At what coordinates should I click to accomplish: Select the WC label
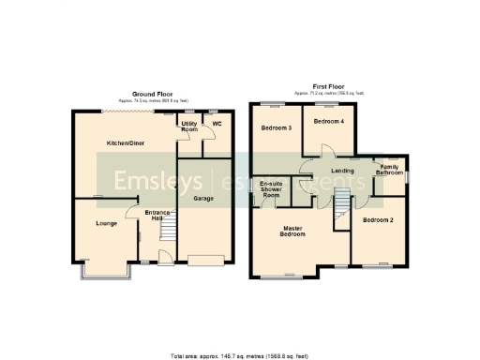[216, 123]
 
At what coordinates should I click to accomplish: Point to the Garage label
[202, 199]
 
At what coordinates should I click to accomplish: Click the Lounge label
[106, 224]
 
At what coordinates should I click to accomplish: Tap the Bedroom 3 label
[276, 127]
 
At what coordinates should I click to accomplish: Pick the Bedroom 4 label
[327, 122]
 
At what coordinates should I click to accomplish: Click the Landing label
[342, 171]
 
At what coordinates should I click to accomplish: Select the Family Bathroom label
[390, 170]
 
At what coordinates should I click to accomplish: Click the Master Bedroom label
[295, 231]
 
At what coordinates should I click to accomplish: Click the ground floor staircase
[169, 229]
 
